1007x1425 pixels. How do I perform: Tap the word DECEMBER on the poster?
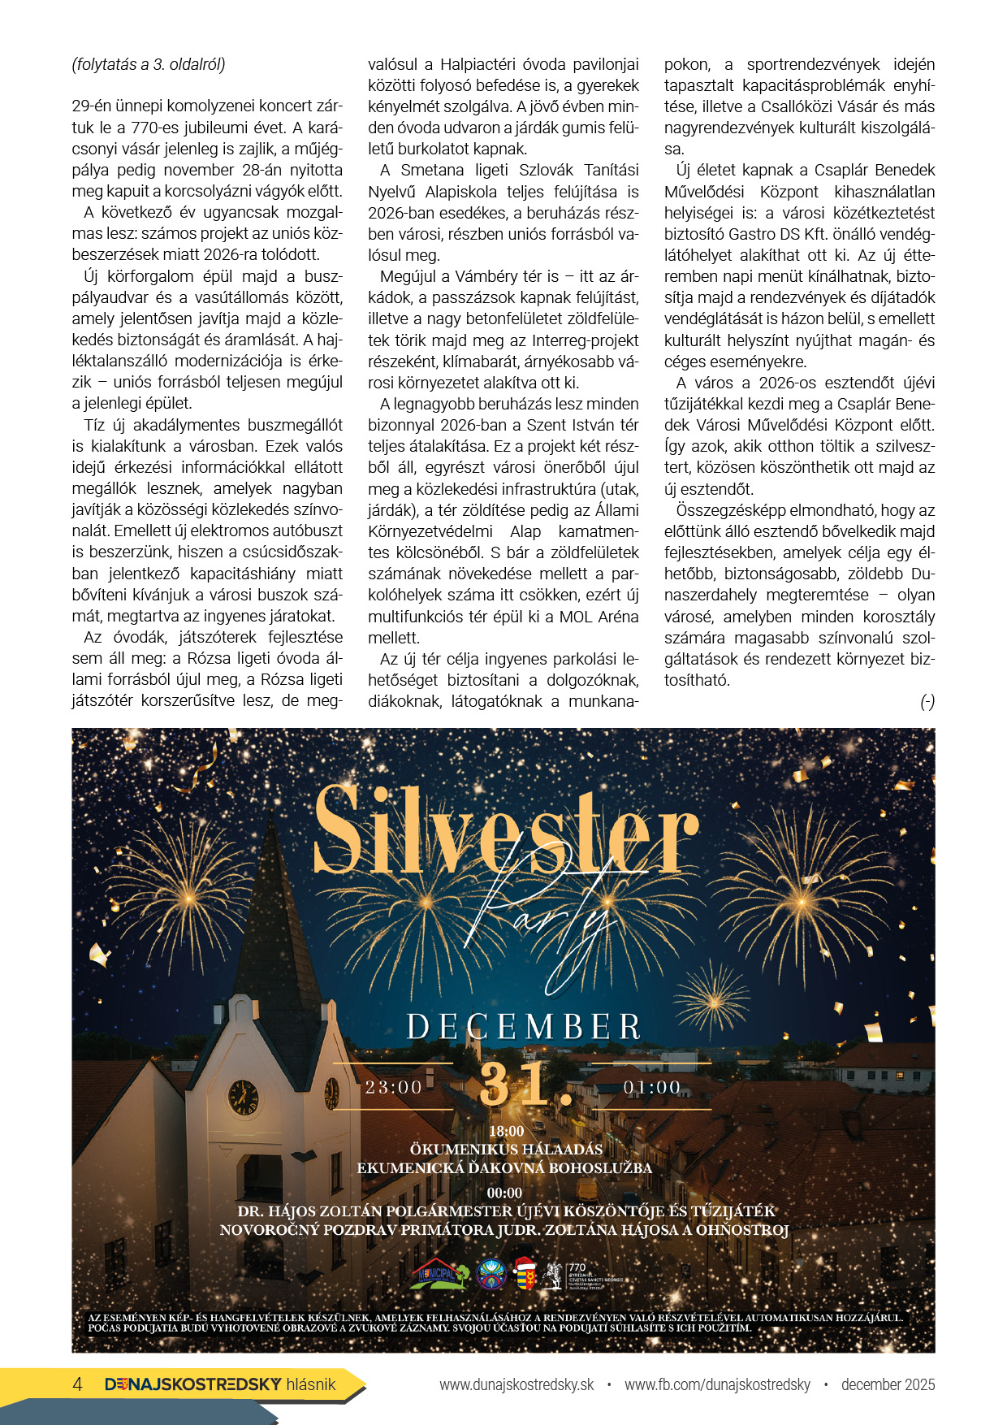pos(524,1027)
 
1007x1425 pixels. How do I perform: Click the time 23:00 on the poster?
pos(394,1087)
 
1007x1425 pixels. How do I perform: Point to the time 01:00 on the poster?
pos(652,1087)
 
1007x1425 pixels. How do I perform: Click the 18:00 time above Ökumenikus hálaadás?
pos(506,1131)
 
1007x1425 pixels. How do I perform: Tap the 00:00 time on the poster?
pos(504,1193)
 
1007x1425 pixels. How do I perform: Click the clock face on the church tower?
pos(243,1098)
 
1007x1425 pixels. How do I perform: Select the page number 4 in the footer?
pos(78,1384)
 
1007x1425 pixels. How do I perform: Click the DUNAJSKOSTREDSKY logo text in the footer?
pos(193,1384)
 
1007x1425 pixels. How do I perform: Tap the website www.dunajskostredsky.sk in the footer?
pos(516,1384)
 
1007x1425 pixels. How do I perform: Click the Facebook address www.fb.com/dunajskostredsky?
pos(717,1384)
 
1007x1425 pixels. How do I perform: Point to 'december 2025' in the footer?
pos(888,1384)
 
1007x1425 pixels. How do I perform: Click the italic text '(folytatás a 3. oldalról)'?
pos(149,64)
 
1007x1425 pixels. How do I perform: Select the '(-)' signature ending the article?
pos(927,702)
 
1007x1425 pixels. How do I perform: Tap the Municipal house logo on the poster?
pos(439,1274)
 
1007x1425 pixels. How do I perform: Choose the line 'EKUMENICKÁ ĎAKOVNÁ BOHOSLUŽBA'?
pos(504,1168)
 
